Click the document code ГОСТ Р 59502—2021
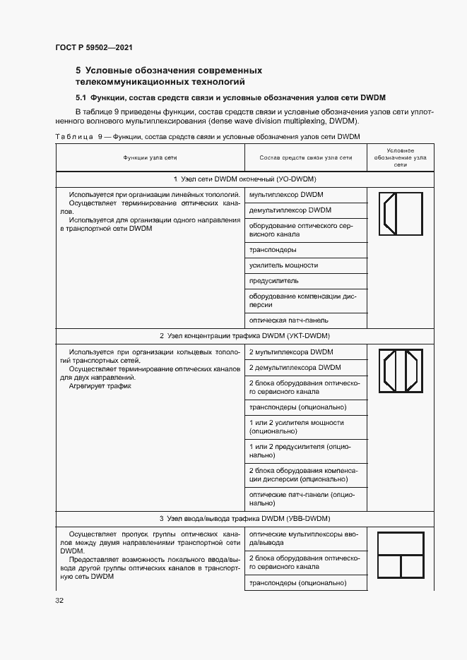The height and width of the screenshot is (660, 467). [x=94, y=47]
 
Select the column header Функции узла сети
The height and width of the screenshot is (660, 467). [x=150, y=157]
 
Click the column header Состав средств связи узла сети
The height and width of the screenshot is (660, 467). [x=305, y=157]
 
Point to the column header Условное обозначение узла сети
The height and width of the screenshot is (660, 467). [x=401, y=157]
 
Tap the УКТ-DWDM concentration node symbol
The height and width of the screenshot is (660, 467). [x=401, y=371]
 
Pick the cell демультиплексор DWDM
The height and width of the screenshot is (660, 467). [x=290, y=210]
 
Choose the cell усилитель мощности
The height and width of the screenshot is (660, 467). [x=283, y=265]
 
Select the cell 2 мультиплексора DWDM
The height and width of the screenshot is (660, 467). [x=290, y=352]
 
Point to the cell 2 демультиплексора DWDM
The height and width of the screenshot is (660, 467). [x=295, y=368]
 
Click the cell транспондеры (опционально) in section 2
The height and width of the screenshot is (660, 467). [x=297, y=407]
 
